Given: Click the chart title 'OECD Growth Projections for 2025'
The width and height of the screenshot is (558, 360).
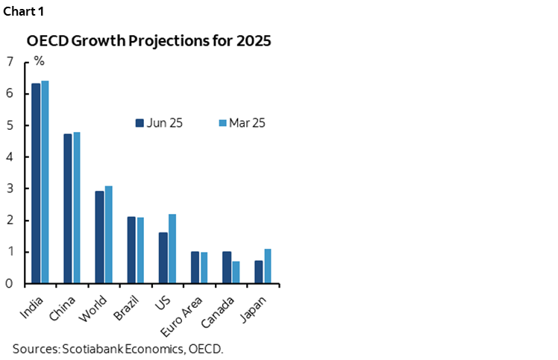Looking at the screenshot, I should click(x=148, y=41).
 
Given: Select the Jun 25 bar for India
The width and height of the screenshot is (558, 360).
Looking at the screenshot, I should click(x=35, y=183).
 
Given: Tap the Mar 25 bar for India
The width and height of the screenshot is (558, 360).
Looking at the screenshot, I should click(x=45, y=182).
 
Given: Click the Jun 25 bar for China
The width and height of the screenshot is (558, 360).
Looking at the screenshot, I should click(x=67, y=209).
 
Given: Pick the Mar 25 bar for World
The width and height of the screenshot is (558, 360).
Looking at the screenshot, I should click(x=109, y=235).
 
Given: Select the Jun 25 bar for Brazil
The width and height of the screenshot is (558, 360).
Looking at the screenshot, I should click(x=131, y=250).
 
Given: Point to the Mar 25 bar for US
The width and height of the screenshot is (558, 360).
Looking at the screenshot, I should click(x=172, y=248).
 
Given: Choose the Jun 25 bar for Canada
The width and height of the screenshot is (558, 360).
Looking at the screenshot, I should click(x=227, y=268).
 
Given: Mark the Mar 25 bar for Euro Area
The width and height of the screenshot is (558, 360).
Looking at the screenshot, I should click(x=204, y=268).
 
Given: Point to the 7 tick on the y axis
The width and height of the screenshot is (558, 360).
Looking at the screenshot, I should click(x=9, y=62).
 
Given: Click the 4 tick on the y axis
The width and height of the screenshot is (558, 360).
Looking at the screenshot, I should click(x=9, y=157).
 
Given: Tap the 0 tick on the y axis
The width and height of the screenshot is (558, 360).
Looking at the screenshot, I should click(x=9, y=284).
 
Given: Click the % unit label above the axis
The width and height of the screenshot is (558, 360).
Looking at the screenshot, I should click(x=39, y=61).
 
